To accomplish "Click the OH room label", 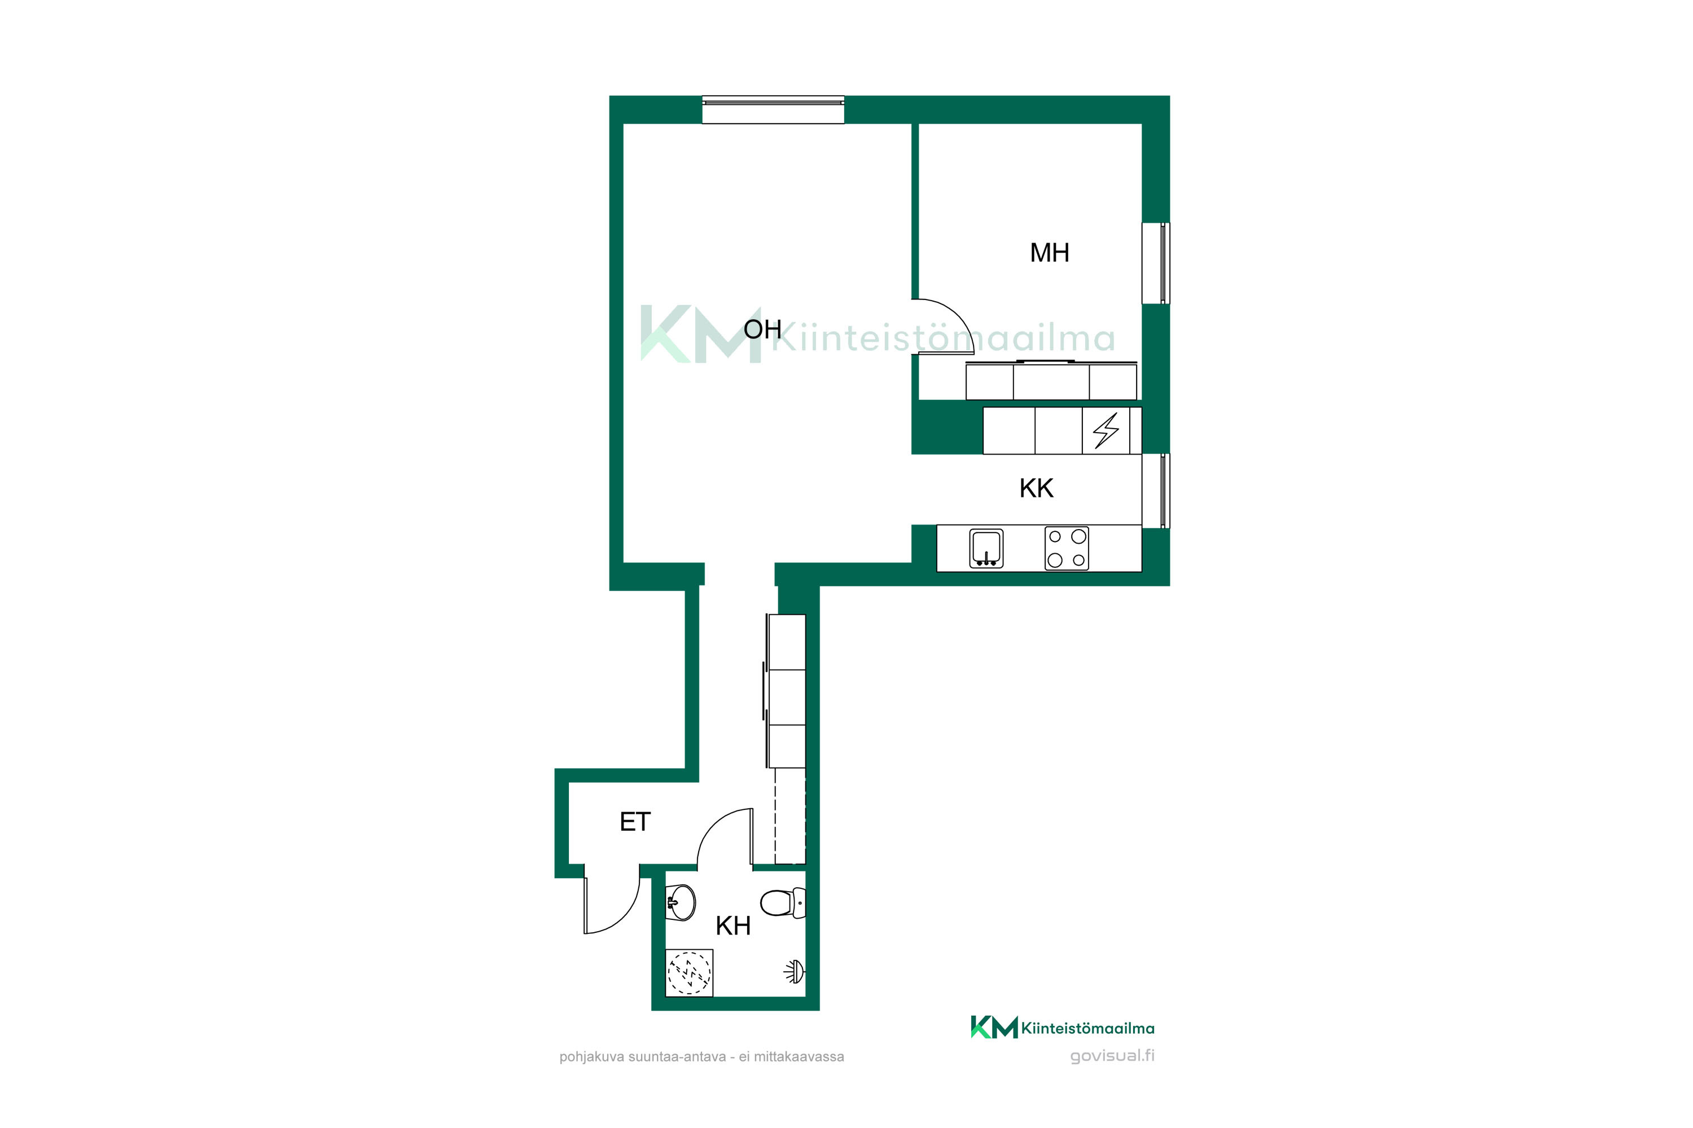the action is click(762, 329).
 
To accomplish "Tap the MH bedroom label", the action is click(1050, 253).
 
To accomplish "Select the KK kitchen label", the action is click(1037, 488).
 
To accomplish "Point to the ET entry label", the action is click(635, 822).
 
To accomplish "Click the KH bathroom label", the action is click(733, 926).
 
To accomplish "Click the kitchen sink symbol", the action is click(986, 549).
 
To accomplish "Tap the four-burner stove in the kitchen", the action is click(1067, 548).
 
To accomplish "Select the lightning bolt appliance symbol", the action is click(1106, 430).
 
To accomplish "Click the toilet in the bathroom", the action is click(783, 903).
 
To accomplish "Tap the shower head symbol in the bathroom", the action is click(795, 972).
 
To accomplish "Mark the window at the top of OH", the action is click(773, 109).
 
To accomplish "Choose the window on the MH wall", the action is click(1156, 263).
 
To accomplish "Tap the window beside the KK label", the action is click(1156, 491).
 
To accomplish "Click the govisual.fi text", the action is click(1112, 1056).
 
